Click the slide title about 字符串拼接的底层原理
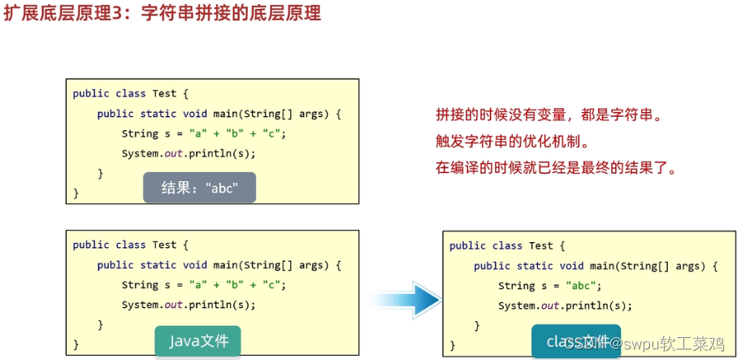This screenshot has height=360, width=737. [x=163, y=13]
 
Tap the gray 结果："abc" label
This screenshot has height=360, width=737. [x=199, y=188]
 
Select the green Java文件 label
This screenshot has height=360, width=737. [x=197, y=341]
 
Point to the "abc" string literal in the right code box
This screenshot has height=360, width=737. [x=583, y=286]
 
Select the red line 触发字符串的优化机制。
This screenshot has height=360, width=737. [x=513, y=142]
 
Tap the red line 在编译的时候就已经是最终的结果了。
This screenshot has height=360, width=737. [x=556, y=169]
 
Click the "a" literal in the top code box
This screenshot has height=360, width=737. [x=197, y=133]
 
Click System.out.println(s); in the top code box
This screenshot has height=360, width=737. [x=189, y=154]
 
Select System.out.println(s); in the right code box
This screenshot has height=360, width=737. [x=565, y=306]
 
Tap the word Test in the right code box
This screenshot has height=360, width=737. [x=541, y=245]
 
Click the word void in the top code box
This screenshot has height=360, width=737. [x=195, y=114]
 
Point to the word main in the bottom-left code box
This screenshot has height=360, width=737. [x=225, y=265]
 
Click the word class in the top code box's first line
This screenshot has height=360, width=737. [x=131, y=93]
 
